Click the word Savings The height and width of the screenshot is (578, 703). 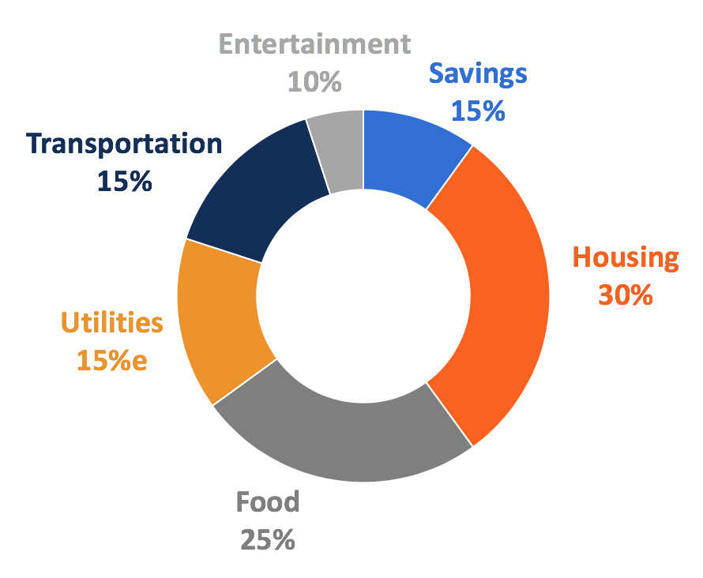click(x=478, y=74)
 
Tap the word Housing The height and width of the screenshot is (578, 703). click(x=626, y=258)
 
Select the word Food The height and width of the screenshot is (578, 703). click(x=269, y=502)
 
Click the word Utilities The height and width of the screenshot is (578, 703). click(x=112, y=323)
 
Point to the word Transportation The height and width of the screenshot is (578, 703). click(x=124, y=144)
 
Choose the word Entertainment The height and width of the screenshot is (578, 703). click(x=314, y=44)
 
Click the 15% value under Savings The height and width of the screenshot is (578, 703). click(x=478, y=111)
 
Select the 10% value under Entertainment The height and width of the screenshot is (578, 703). click(x=314, y=81)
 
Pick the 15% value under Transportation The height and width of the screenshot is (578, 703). click(x=124, y=181)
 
